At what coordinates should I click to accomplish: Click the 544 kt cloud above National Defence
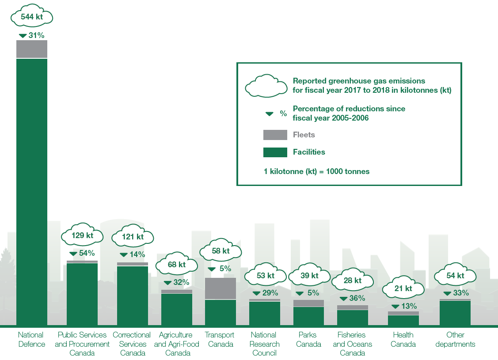pos(32,17)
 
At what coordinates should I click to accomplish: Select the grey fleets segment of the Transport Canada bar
pos(220,288)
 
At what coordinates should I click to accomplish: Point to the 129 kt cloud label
pos(82,235)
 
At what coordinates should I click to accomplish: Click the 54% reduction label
pos(82,253)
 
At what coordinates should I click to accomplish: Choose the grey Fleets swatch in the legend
pos(275,135)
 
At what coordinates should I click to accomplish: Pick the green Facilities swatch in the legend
pos(275,152)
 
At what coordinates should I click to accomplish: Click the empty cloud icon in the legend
pos(266,85)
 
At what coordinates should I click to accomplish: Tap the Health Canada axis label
pos(403,339)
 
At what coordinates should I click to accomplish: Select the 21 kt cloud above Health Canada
pos(403,288)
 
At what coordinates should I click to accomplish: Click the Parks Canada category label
pos(308,339)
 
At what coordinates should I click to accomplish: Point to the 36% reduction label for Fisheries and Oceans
pos(352,298)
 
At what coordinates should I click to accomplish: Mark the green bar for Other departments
pos(455,313)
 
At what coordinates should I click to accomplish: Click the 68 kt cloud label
pos(176,265)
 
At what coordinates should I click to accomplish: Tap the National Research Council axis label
pos(264,344)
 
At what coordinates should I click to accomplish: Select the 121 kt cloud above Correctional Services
pos(133,237)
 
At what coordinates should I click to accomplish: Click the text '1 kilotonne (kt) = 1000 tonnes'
pos(316,171)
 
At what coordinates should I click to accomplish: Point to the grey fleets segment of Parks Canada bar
pos(308,303)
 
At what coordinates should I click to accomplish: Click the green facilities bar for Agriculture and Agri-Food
pos(176,310)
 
